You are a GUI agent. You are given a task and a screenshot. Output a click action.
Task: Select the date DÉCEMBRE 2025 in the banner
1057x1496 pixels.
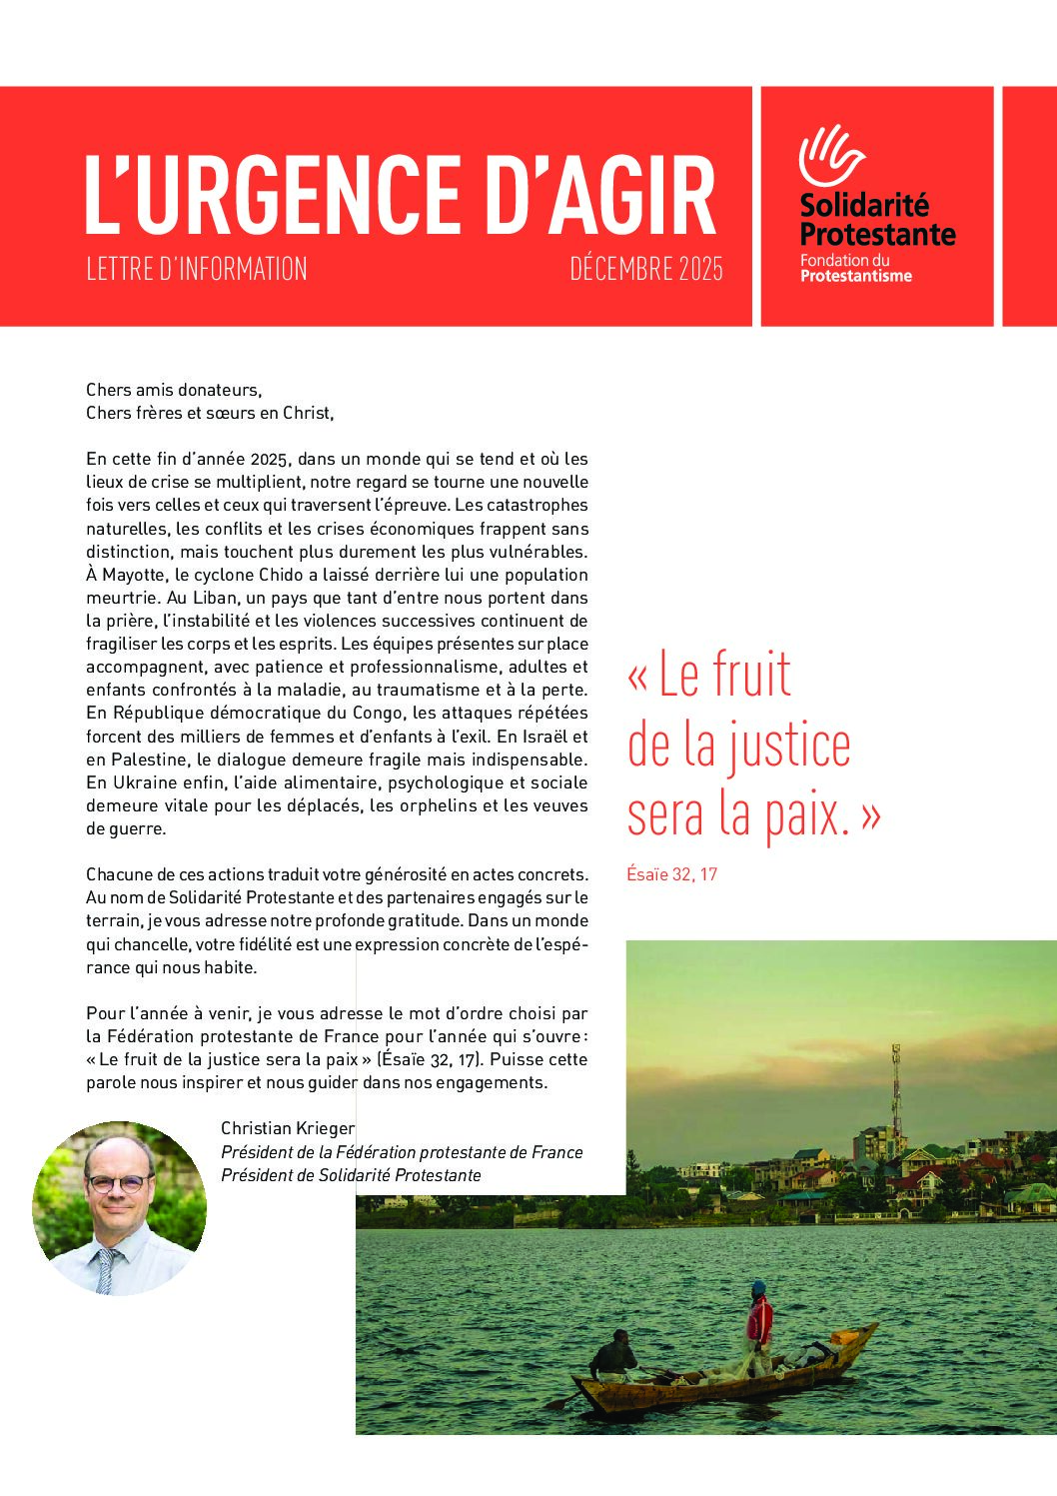(x=646, y=269)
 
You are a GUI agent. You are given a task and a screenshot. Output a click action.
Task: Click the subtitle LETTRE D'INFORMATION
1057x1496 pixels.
(x=197, y=269)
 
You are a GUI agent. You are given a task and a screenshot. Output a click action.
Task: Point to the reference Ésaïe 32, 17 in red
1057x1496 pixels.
(x=671, y=874)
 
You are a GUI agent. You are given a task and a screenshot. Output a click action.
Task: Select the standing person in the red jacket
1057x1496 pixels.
(x=759, y=1316)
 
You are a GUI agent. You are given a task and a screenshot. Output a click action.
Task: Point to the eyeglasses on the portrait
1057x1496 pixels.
(x=118, y=1183)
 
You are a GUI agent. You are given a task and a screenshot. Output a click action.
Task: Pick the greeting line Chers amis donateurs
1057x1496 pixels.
(x=174, y=390)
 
